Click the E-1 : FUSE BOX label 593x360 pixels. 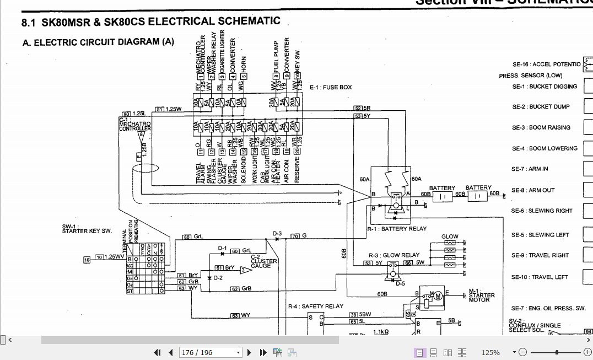point(330,88)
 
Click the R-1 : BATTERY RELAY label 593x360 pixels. point(396,228)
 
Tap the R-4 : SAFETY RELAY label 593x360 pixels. point(315,306)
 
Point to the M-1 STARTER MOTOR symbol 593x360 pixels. point(439,295)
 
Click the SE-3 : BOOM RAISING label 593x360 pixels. point(541,127)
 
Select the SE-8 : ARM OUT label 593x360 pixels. point(533,190)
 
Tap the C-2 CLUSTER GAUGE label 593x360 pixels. point(262,262)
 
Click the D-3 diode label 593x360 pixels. point(277,234)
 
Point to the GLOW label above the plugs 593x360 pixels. point(450,237)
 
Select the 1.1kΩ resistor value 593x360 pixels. point(381,331)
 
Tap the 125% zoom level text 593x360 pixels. point(490,352)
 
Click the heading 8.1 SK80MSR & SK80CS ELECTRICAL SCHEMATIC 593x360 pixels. point(150,22)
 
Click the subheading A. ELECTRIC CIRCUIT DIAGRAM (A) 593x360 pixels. point(98,42)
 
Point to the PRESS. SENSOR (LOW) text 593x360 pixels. point(531,76)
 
